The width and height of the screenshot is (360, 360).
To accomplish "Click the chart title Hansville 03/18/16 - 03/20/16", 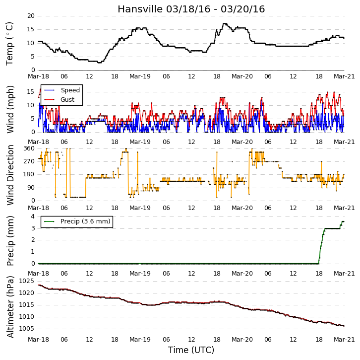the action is [x=191, y=9].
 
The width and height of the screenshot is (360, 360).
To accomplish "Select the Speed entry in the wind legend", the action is [x=70, y=90].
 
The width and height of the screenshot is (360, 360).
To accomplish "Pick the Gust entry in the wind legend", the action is [x=67, y=99].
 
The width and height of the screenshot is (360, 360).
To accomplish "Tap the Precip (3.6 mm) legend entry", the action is [x=85, y=221].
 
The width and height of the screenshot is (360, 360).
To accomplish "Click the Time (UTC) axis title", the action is [x=191, y=350].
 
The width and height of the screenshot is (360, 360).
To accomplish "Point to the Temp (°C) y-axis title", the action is [x=9, y=44].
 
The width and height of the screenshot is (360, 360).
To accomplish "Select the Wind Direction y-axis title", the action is [x=10, y=175].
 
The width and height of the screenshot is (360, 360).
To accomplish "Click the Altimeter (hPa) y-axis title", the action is [x=10, y=307].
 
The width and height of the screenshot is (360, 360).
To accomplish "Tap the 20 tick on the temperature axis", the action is [x=31, y=16].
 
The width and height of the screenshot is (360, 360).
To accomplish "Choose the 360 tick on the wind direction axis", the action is [x=29, y=148].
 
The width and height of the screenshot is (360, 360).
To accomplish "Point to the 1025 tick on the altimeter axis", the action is [x=26, y=281].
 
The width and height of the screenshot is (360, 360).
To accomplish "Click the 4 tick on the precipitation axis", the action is [x=33, y=216].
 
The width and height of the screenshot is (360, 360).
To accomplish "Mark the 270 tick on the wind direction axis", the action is [x=29, y=161].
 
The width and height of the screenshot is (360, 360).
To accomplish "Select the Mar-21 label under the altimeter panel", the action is [x=344, y=339].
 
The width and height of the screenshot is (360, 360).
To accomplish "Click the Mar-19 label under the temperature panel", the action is [x=140, y=76].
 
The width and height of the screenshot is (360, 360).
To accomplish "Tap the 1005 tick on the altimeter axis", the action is [x=26, y=329].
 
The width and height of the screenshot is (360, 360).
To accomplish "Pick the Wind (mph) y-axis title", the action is [x=10, y=109].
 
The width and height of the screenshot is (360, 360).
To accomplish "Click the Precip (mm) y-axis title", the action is [x=10, y=241].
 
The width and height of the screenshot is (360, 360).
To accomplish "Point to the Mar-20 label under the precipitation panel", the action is [x=242, y=273].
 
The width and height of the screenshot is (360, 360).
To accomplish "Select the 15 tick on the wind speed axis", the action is [x=31, y=92].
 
